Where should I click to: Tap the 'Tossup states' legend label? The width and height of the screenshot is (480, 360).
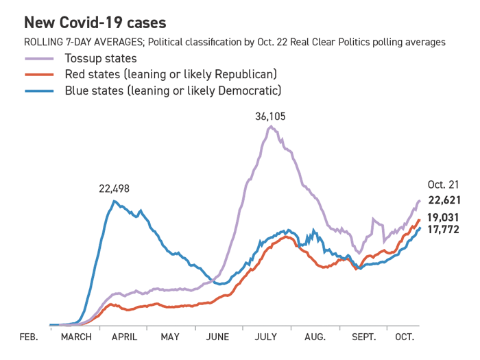[101, 58]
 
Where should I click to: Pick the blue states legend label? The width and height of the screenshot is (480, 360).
[173, 90]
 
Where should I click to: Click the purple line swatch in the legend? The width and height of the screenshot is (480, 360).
[39, 59]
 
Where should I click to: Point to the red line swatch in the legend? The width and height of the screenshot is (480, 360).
[39, 75]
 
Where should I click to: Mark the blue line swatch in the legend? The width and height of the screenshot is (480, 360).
[39, 91]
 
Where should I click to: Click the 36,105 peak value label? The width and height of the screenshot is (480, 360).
[270, 117]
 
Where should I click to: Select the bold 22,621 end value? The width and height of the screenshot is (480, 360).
[444, 200]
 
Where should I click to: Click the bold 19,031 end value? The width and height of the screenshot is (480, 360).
[444, 217]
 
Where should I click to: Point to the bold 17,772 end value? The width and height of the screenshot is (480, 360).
[444, 229]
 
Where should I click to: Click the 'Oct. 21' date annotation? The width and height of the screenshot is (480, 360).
[442, 185]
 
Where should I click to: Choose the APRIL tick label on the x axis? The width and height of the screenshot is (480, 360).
[123, 337]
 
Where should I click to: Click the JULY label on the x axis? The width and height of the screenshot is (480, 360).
[265, 337]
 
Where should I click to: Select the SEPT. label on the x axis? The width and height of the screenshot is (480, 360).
[364, 337]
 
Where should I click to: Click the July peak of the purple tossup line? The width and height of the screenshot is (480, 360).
[271, 126]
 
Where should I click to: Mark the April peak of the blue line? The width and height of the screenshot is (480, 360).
[115, 200]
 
